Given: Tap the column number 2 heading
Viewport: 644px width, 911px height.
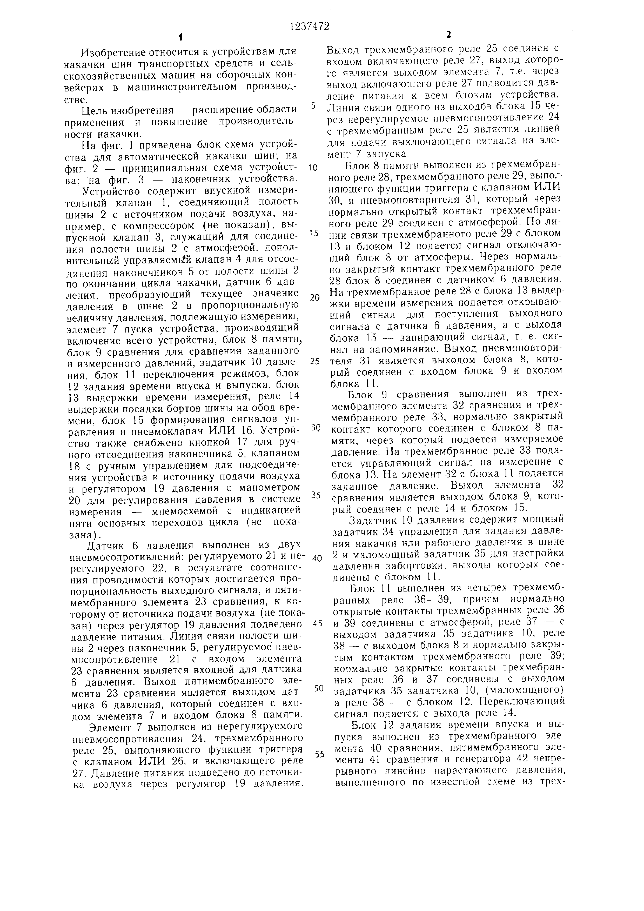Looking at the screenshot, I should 448,35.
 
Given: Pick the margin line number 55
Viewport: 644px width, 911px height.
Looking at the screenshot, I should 320,754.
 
